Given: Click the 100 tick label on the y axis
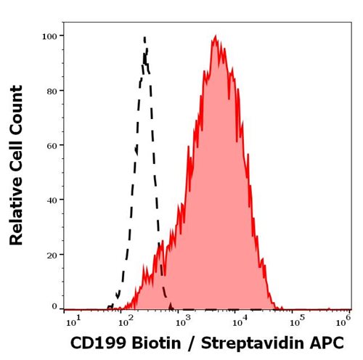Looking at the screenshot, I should (x=51, y=36).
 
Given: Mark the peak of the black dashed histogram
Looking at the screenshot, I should (x=144, y=37).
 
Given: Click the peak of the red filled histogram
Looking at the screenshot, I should (x=216, y=36).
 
